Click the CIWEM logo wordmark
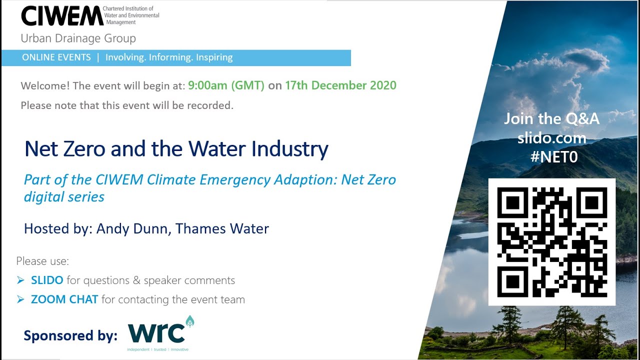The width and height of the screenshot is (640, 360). click(62, 16)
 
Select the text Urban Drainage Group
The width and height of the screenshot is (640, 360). click(78, 38)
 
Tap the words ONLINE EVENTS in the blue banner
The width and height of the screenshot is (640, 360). click(56, 57)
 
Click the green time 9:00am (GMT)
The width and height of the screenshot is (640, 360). click(226, 85)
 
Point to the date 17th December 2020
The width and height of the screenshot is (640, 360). click(340, 85)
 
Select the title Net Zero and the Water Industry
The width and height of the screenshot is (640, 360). click(176, 149)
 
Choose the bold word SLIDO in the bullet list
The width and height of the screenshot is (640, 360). click(47, 280)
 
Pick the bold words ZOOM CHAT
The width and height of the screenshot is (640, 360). click(64, 299)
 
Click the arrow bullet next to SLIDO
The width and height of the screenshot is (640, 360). click(20, 280)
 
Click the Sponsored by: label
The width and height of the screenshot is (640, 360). click(70, 335)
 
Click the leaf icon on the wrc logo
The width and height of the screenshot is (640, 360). click(189, 321)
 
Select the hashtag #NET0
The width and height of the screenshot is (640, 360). click(554, 157)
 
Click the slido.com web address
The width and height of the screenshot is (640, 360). click(552, 138)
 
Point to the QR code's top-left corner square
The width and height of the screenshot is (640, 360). click(512, 202)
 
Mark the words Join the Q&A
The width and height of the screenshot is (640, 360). click(551, 119)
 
